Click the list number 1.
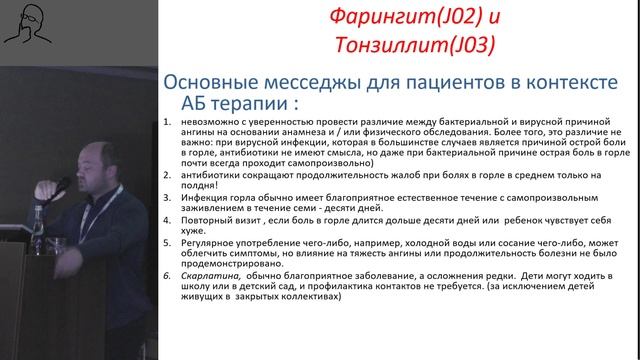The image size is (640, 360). click(166, 122)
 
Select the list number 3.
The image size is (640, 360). click(166, 198)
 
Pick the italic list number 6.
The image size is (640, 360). click(166, 274)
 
